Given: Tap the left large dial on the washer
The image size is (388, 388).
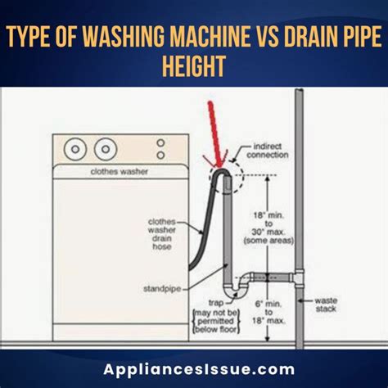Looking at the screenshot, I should tap(77, 150).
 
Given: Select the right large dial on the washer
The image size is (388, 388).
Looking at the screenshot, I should tap(105, 150).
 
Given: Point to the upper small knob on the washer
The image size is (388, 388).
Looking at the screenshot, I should tap(160, 142).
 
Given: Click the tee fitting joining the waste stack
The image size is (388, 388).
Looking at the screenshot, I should tap(300, 276).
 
